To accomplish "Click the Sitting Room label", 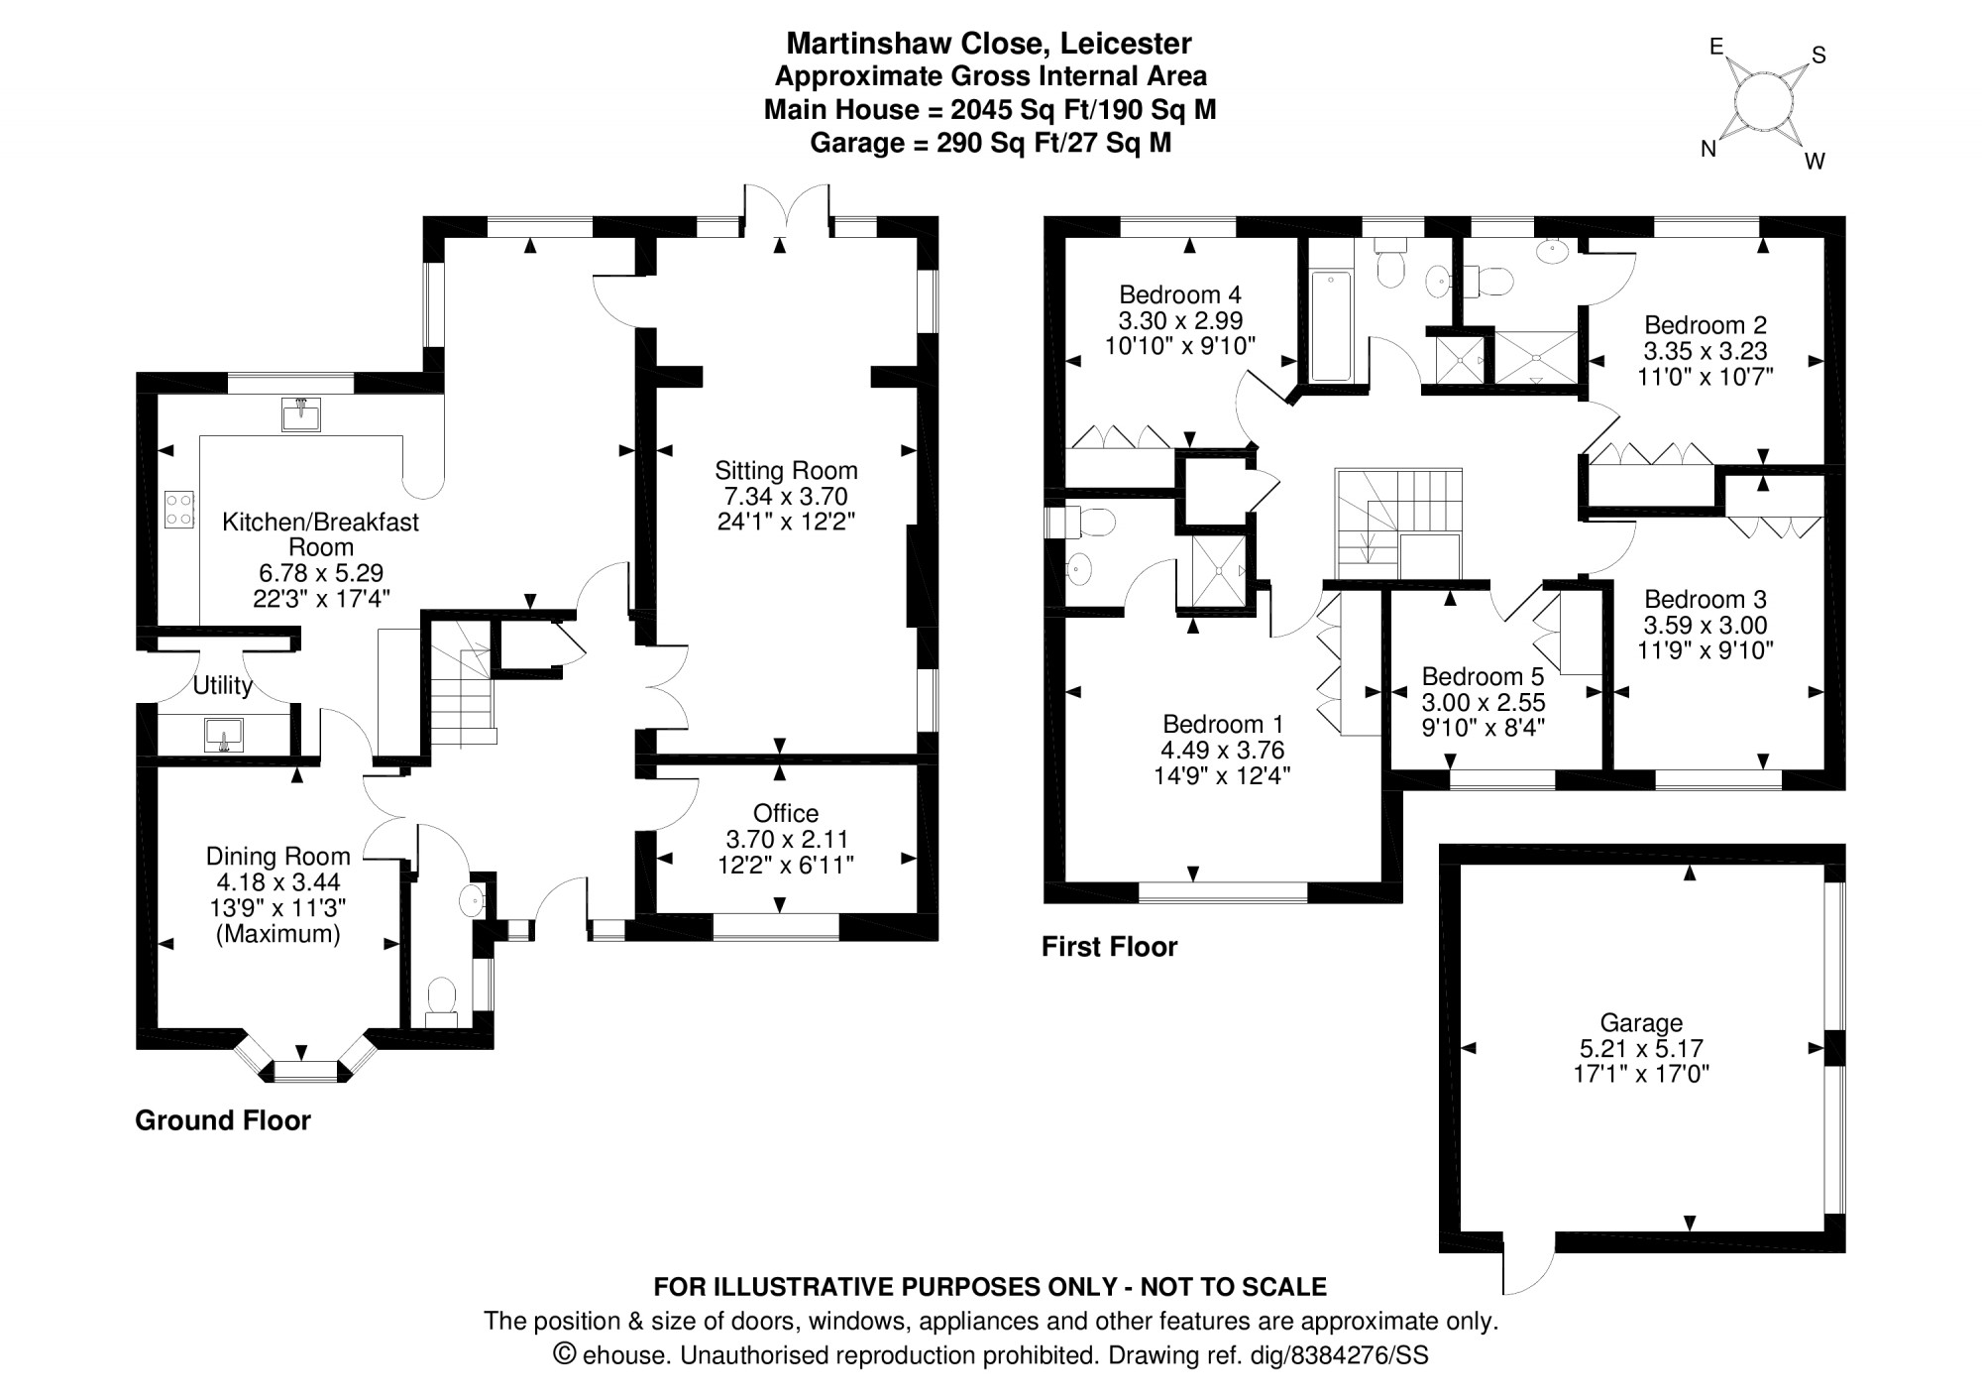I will tap(786, 470).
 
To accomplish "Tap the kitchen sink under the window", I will tap(301, 414).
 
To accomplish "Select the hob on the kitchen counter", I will tap(179, 510).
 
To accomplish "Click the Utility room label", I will tap(222, 685).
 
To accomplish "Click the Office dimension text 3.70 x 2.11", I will tap(786, 839).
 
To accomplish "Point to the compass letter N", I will tap(1708, 149).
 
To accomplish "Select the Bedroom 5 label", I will tap(1483, 676).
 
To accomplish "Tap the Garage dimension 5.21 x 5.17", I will tap(1641, 1048).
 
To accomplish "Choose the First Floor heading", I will tap(1109, 947).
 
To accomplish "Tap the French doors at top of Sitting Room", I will tap(786, 210).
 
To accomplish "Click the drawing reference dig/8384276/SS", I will tap(1358, 1355).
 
